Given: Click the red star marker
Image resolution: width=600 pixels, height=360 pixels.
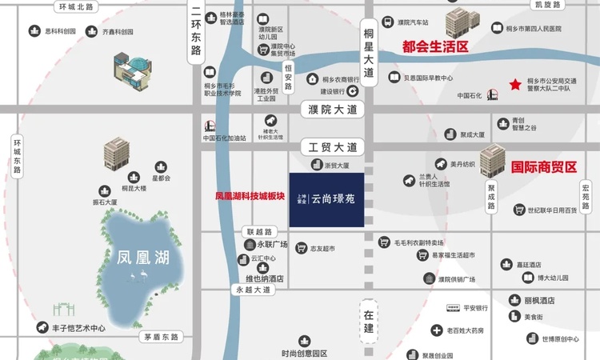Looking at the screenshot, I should (x=515, y=84).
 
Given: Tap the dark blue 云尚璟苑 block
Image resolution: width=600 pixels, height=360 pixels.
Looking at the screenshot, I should (x=326, y=199).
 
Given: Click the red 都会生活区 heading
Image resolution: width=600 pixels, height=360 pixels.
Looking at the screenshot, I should (x=434, y=47).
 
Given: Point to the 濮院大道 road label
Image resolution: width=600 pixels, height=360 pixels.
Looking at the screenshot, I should (x=333, y=109).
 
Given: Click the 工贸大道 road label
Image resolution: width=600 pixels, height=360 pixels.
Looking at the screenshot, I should (x=333, y=147).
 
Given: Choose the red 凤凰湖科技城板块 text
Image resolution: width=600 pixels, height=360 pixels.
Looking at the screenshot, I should (x=250, y=195).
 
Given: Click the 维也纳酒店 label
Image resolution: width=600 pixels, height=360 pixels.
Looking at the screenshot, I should (x=264, y=280).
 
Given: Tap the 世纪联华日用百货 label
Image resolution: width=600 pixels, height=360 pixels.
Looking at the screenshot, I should (x=551, y=211).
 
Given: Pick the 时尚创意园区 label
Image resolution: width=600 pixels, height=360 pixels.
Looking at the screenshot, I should (x=304, y=353).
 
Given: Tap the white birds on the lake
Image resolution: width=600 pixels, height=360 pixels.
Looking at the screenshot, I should (x=138, y=277).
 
